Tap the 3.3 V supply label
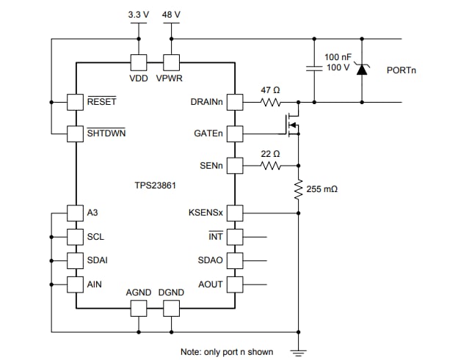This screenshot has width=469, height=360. point(137,13)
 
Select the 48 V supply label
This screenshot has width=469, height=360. point(172,13)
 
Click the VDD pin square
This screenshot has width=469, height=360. point(138,63)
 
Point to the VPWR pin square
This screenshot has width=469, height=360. point(171,63)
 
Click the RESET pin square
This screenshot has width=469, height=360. point(76,101)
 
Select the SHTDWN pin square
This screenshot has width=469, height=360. point(76,133)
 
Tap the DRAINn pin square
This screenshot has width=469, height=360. point(235,101)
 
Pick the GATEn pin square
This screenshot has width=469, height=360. point(235,133)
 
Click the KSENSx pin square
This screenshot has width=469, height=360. point(235,213)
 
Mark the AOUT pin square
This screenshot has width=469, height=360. point(235,284)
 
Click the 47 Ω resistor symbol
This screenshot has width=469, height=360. point(272,102)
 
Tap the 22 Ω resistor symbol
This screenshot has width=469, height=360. point(272,166)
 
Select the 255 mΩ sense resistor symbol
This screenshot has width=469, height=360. point(299,191)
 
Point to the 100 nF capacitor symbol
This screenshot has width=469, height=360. point(314,69)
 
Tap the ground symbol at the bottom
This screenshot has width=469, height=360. point(299,350)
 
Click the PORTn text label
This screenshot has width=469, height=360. point(403,70)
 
